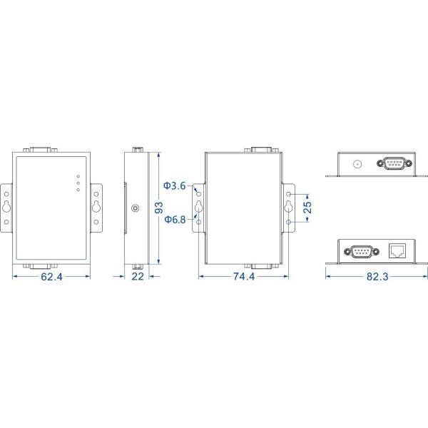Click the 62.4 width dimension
pyautogui.click(x=51, y=277)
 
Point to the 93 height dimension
pyautogui.click(x=159, y=207)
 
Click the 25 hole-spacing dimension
pyautogui.click(x=307, y=207)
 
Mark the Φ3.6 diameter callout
pyautogui.click(x=174, y=186)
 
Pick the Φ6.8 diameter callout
pyautogui.click(x=174, y=220)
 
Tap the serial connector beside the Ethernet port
pyautogui.click(x=357, y=251)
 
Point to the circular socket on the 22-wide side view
pyautogui.click(x=135, y=209)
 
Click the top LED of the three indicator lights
pyautogui.click(x=78, y=175)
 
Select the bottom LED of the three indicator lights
pyautogui.click(x=78, y=190)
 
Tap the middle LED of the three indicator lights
pyautogui.click(x=78, y=183)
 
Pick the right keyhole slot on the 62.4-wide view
pyautogui.click(x=96, y=208)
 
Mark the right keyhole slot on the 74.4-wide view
pyautogui.click(x=288, y=208)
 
